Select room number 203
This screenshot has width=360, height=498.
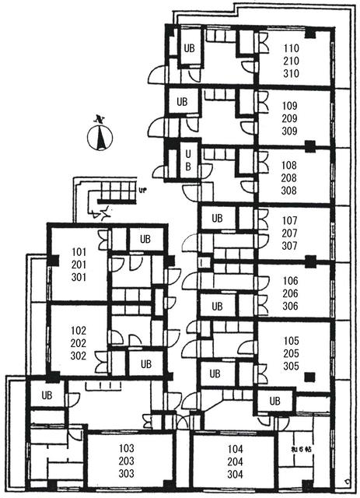[x=127, y=461]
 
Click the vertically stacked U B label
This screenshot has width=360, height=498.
[x=187, y=160]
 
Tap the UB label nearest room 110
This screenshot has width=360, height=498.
[x=189, y=47]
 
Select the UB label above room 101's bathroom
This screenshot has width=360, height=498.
[x=145, y=239]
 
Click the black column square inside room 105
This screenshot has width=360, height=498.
[x=309, y=378]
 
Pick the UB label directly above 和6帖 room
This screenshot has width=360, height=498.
[x=274, y=401]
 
